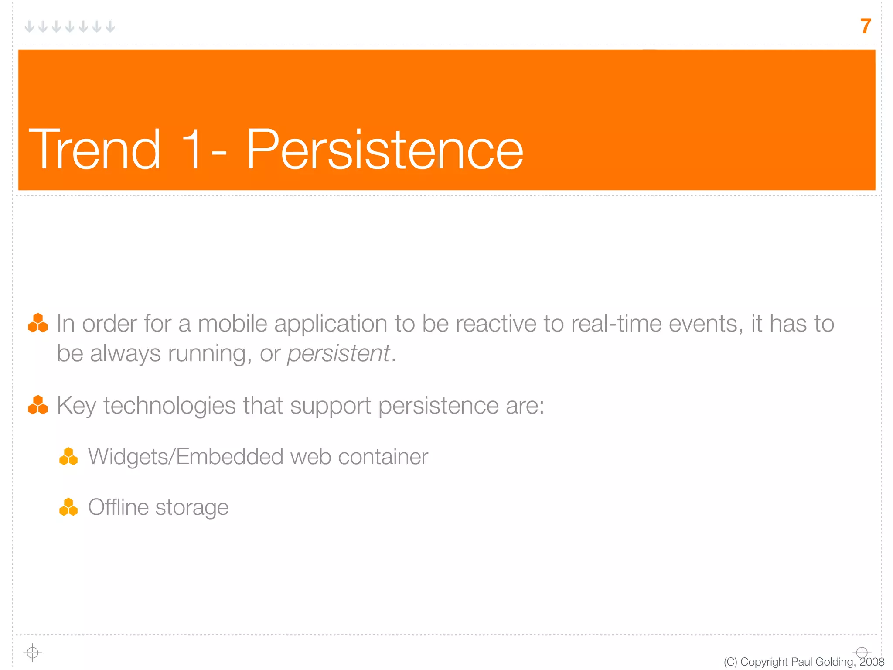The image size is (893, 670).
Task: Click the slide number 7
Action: tap(866, 26)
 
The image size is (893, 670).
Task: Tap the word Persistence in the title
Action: tap(385, 150)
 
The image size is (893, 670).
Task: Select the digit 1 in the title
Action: tap(191, 150)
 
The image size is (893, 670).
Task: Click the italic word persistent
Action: tap(338, 354)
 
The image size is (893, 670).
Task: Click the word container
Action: tap(383, 457)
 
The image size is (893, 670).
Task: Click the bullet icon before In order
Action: tap(38, 323)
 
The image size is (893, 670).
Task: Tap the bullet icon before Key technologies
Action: tap(38, 405)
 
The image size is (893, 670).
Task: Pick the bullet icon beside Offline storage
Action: tap(68, 507)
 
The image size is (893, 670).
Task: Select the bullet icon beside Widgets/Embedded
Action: tap(68, 457)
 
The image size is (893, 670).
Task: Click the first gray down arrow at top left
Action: tap(29, 27)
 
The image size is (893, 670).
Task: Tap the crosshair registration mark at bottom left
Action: tap(33, 653)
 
